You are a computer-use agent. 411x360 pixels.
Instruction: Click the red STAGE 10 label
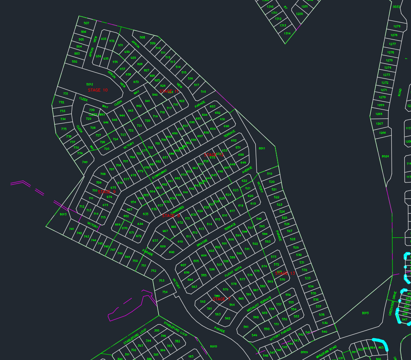[x=98, y=90]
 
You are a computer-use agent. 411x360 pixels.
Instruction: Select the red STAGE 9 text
[x=107, y=192]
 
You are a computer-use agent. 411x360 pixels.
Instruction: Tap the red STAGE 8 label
[x=171, y=215]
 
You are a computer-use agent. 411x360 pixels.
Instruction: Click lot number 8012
[x=89, y=84]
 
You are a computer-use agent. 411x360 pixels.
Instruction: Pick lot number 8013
[x=63, y=214]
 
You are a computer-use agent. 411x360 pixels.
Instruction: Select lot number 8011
[x=262, y=149]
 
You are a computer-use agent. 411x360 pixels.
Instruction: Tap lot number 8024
[x=385, y=157]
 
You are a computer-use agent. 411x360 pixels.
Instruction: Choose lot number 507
[x=86, y=23]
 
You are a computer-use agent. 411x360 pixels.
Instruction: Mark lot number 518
[x=204, y=91]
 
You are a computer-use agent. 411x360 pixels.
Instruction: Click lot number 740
[x=85, y=162]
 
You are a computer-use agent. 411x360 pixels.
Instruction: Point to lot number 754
[x=165, y=292]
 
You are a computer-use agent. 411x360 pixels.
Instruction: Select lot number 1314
[x=287, y=34]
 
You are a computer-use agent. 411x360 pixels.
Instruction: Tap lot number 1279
[x=397, y=26]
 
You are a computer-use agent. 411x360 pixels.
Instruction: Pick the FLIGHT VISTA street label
[x=233, y=271]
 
